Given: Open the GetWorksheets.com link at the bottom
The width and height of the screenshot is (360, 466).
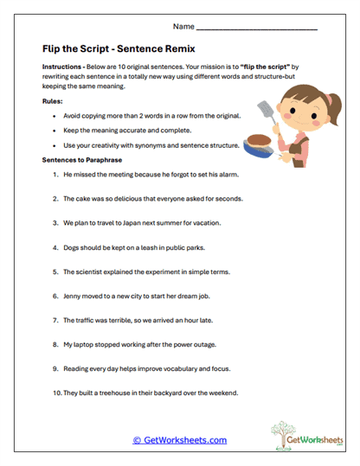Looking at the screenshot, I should (x=179, y=440).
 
